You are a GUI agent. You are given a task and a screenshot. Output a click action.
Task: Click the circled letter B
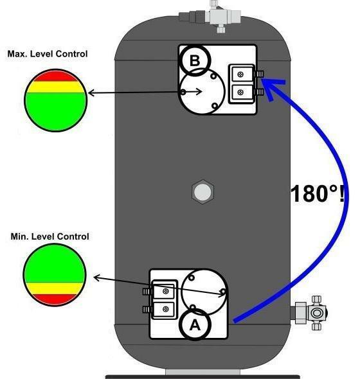195,60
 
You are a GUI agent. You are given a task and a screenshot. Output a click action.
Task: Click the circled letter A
195,324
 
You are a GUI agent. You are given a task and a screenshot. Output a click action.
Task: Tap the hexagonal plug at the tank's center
203,192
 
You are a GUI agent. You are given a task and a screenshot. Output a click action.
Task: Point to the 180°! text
318,194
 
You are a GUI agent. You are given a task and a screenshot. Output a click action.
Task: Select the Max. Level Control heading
48,54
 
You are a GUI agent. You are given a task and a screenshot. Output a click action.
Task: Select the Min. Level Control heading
50,236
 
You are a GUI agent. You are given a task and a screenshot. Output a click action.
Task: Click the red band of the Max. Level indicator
55,76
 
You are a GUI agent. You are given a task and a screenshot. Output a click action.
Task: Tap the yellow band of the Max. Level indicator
55,87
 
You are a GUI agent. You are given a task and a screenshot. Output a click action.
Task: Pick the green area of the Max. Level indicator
55,112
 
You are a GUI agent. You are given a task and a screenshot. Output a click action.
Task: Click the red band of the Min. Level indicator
55,299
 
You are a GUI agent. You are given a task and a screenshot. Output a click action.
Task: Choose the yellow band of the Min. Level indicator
55,288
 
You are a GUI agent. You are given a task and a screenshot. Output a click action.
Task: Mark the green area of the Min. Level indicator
55,264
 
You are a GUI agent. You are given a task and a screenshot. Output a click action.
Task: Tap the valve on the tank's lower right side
309,313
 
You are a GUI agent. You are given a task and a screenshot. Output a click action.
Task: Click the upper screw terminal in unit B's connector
240,75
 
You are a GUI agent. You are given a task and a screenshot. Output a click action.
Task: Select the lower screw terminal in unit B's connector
240,92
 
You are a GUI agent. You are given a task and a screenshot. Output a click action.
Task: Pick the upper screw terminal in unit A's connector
166,291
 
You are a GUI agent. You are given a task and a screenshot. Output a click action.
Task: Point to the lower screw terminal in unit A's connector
166,309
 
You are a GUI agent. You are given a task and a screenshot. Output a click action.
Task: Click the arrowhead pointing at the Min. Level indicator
96,278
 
